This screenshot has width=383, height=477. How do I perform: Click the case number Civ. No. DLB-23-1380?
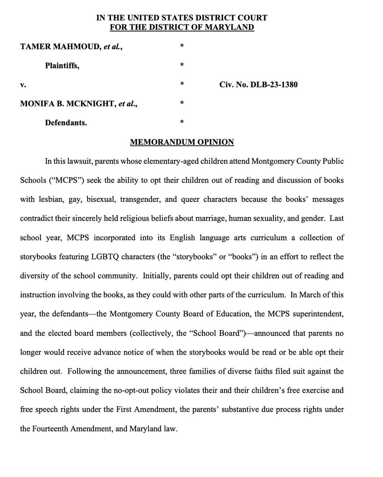pyautogui.click(x=258, y=85)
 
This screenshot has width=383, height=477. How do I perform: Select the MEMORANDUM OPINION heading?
pyautogui.click(x=182, y=142)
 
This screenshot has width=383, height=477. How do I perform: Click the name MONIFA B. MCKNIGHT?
pyautogui.click(x=66, y=104)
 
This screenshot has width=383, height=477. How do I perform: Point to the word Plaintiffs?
pyautogui.click(x=62, y=66)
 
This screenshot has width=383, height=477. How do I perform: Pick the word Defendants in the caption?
pyautogui.click(x=66, y=123)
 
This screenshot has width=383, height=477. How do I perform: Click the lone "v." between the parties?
pyautogui.click(x=23, y=85)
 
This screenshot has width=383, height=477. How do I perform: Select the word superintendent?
pyautogui.click(x=318, y=314)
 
